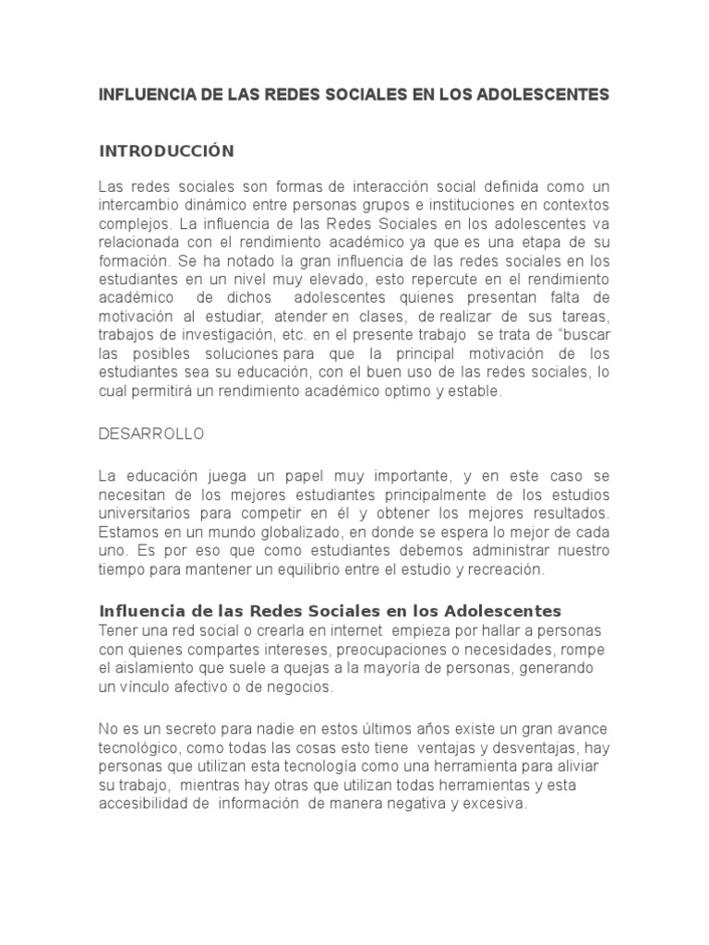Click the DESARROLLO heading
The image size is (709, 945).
click(x=151, y=433)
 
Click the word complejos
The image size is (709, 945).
click(x=131, y=224)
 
